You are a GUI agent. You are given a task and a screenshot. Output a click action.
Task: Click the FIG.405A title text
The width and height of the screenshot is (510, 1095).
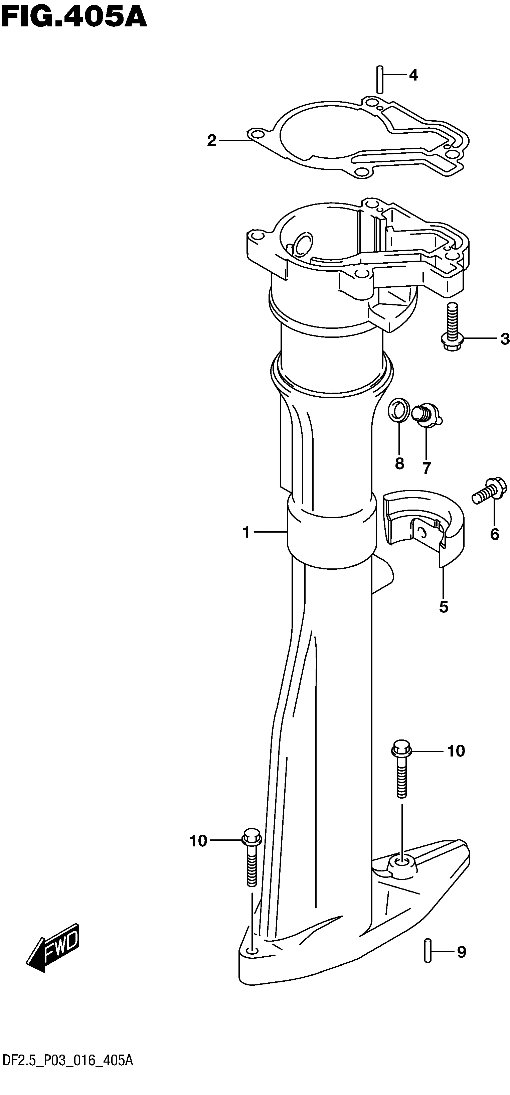click(x=74, y=18)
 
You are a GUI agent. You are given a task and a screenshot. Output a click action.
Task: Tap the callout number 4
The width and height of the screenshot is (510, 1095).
click(x=413, y=76)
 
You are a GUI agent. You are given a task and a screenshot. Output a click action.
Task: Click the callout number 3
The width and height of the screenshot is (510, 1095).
click(x=504, y=339)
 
